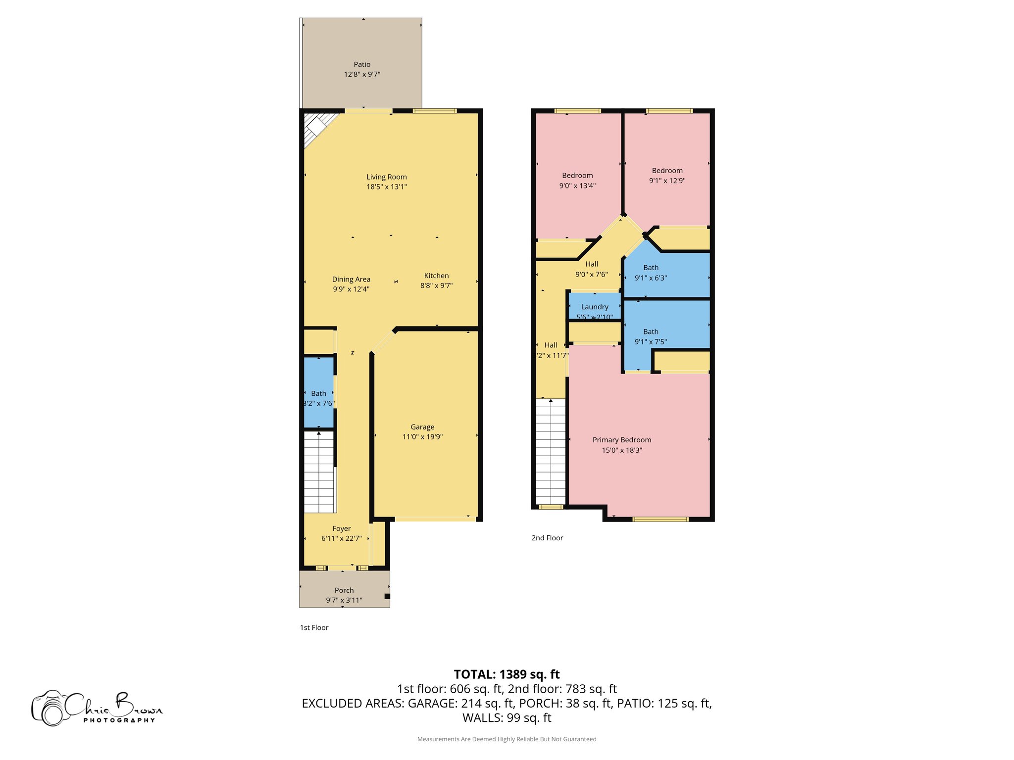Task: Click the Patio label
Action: pos(362,64)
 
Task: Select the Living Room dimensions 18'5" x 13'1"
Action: pos(387,187)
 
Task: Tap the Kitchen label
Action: pos(436,276)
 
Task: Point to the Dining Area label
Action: pos(351,279)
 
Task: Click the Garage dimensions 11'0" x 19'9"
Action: pos(422,437)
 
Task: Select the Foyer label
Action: pos(342,528)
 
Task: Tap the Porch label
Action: pos(344,590)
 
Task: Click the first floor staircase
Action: pos(319,473)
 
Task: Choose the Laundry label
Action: pos(595,307)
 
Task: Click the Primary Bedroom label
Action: pos(622,440)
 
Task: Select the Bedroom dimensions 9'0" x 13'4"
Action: pos(577,186)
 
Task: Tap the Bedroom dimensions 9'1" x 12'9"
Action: pos(667,181)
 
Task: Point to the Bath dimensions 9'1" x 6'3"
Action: pos(651,278)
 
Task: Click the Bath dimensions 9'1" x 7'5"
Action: pos(651,342)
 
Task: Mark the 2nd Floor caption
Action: pos(547,538)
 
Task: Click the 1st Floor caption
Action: pos(314,627)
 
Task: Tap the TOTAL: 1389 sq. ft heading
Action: pos(507,674)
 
